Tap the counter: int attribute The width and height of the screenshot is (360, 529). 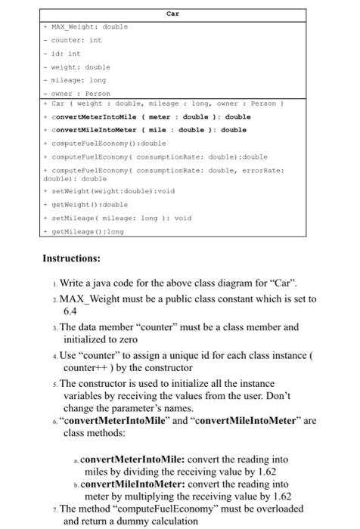76,40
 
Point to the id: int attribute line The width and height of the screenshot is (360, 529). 65,54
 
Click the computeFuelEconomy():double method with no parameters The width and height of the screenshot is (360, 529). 108,143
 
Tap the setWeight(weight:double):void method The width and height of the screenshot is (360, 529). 112,191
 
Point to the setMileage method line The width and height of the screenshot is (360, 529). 120,218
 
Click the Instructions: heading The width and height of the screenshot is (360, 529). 71,258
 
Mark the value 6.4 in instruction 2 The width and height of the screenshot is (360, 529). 70,311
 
